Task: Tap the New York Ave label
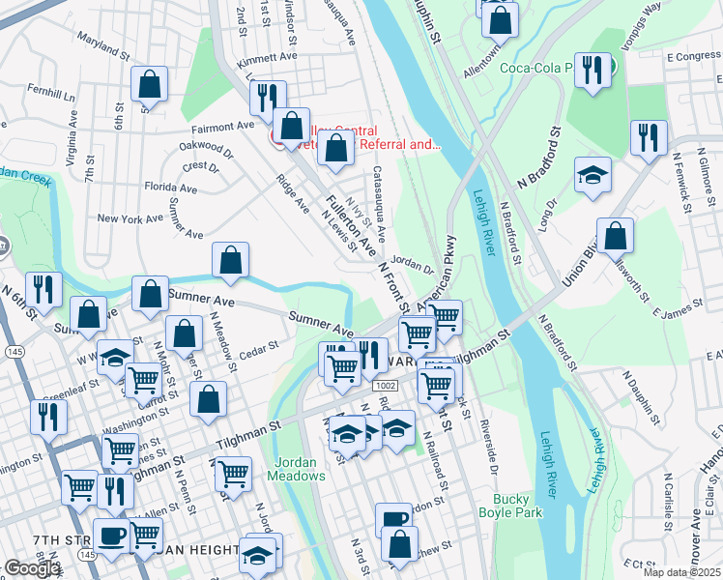tap(130, 219)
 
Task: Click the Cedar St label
tap(259, 344)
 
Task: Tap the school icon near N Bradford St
tap(593, 176)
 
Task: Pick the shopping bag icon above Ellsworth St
tap(615, 236)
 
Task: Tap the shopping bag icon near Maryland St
tap(150, 84)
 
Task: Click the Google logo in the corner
tap(32, 568)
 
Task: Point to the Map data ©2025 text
tap(680, 572)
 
